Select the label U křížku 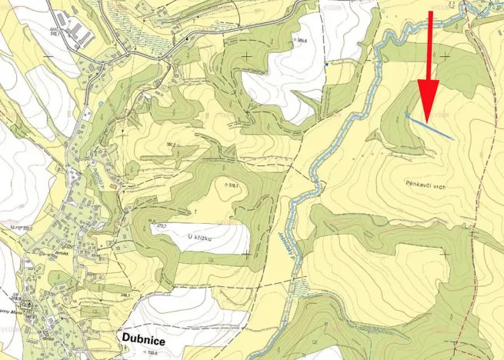tap(199, 237)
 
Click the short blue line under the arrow tap(429, 126)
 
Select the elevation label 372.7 tap(162, 225)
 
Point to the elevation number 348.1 tap(135, 294)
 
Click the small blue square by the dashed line tap(326, 65)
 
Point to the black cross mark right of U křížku tap(245, 252)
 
